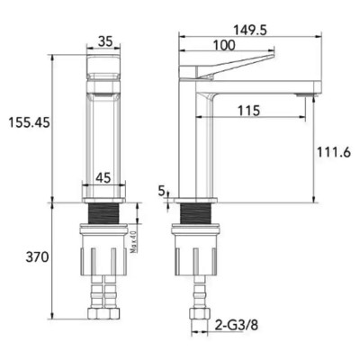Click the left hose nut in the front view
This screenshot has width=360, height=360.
point(98,316)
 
